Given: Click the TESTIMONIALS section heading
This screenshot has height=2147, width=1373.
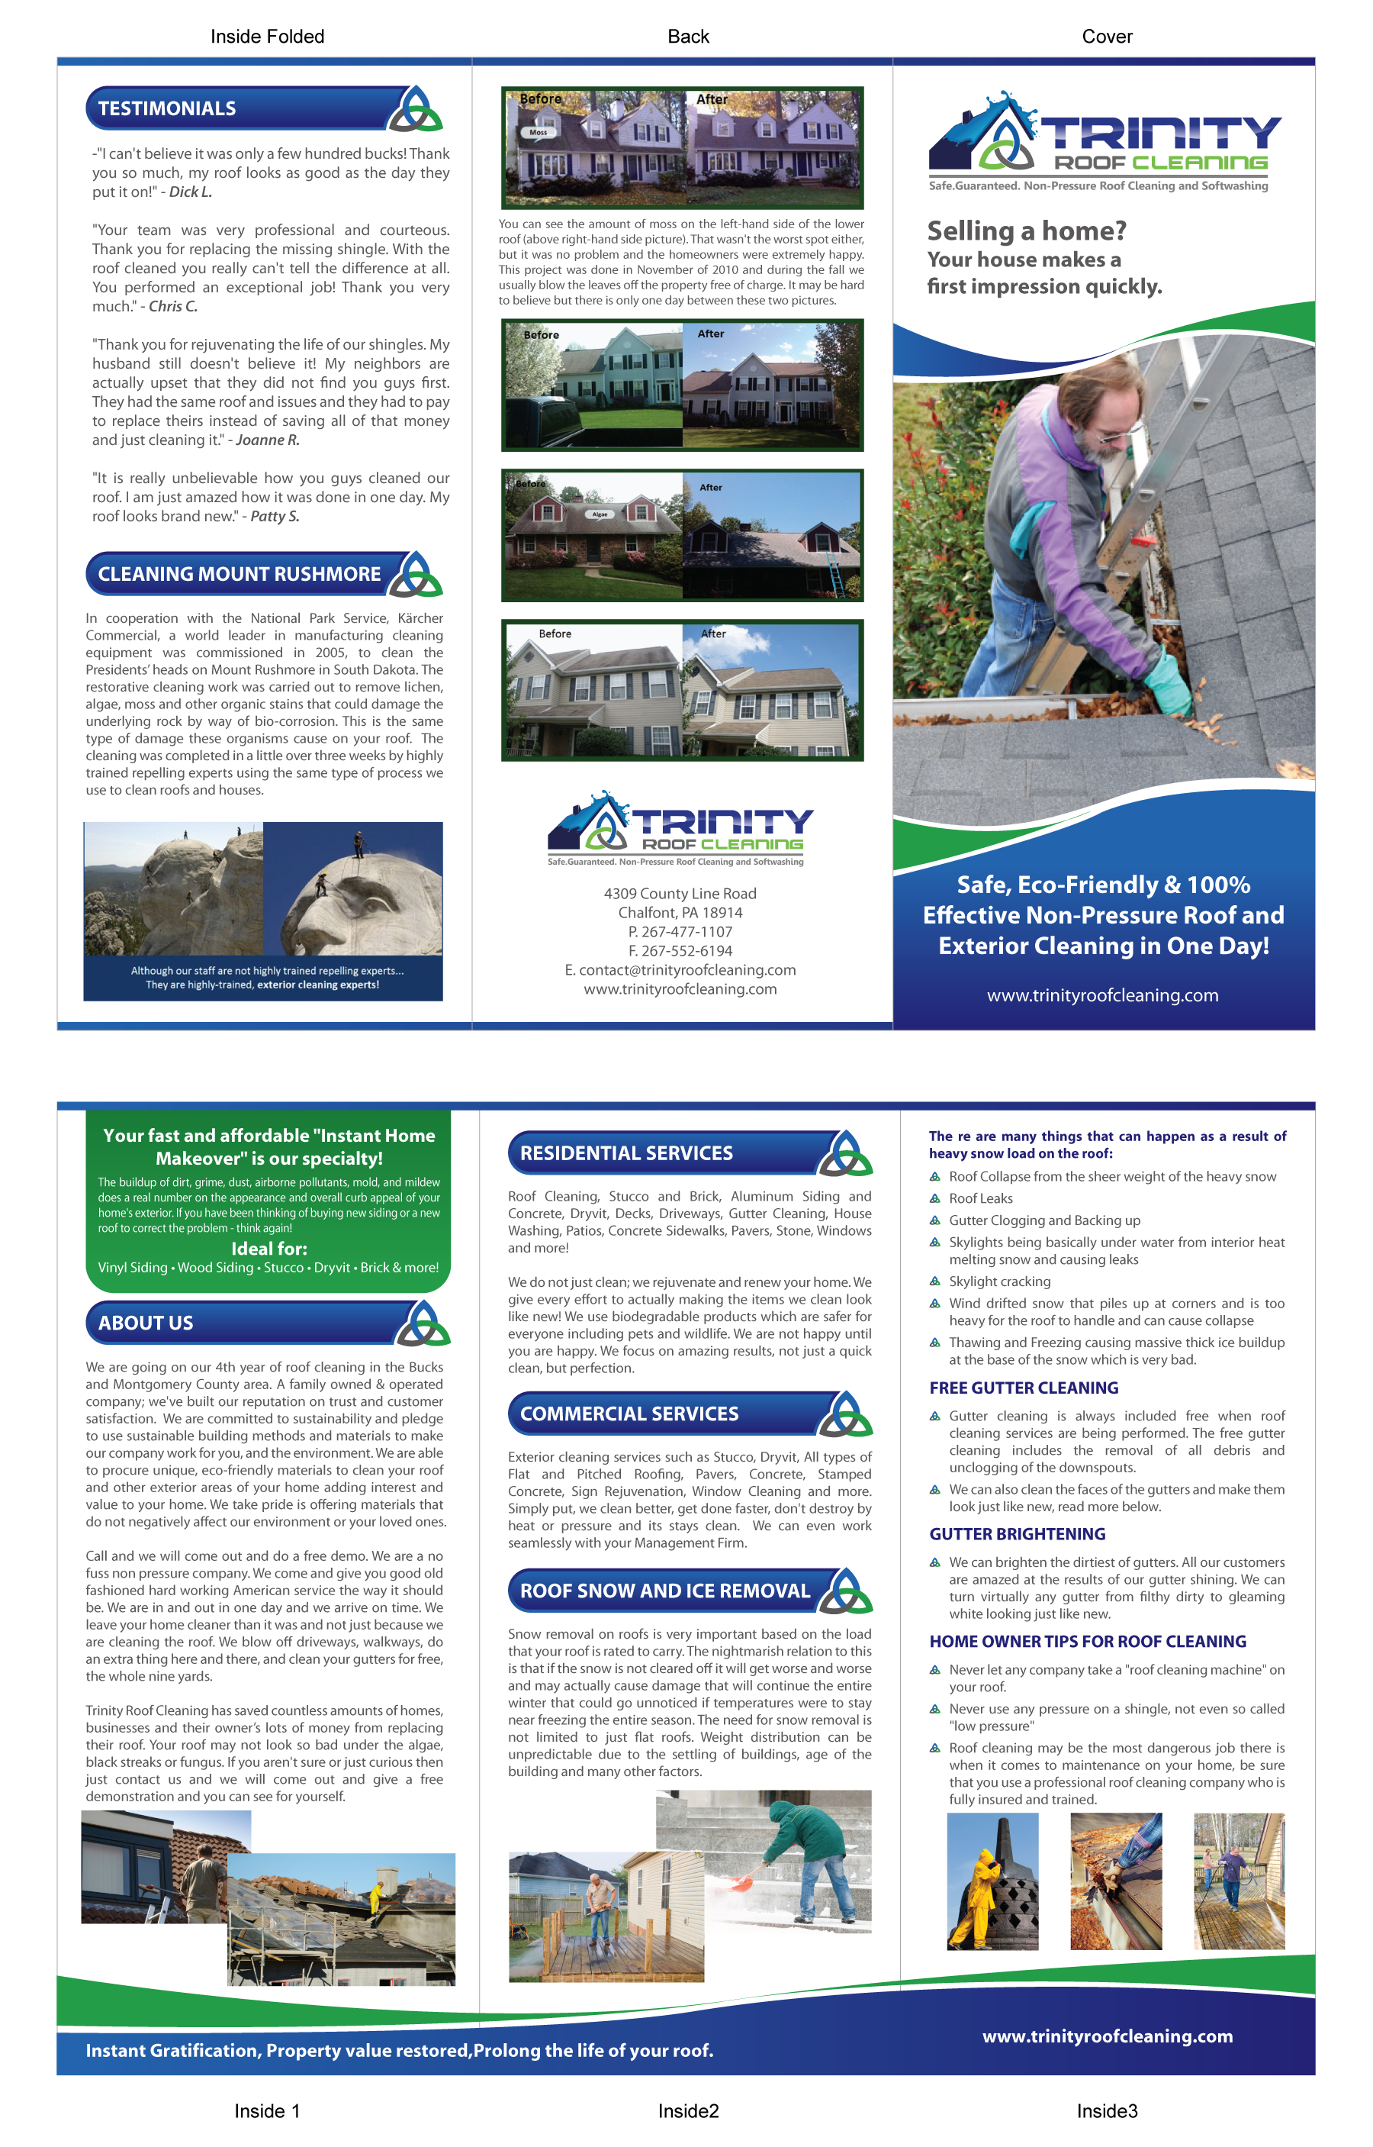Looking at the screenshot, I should pos(167,109).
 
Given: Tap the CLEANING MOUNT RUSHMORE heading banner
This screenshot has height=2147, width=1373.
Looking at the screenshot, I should pos(239,575).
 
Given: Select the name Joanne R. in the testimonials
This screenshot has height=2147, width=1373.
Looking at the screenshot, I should pos(268,440).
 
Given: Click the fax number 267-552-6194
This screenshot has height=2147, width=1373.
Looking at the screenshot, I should pos(680,951).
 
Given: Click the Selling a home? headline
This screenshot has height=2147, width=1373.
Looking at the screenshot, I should pos(1026,231).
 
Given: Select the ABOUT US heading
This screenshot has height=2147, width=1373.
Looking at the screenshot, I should pos(146,1323).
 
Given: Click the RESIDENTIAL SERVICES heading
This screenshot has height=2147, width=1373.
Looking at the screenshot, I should pos(626,1153).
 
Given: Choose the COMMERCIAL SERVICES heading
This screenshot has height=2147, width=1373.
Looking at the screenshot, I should pos(629,1414).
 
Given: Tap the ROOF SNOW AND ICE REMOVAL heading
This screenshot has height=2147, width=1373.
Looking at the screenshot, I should pos(664,1591).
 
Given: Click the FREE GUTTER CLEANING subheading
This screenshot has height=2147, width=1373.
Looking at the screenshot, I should pos(1024,1388).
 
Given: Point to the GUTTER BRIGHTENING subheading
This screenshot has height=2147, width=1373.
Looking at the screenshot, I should pos(1018,1534).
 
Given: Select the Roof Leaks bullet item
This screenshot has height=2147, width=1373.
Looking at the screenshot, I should pos(981,1199).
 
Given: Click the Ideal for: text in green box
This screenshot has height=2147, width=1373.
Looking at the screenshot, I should pos(268,1249).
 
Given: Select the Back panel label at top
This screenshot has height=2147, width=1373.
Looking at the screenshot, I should pos(688,37).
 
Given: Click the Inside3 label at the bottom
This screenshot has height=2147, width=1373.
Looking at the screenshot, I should pos(1107,2111).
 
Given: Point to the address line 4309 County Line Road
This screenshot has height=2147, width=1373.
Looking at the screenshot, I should pos(680,894).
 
